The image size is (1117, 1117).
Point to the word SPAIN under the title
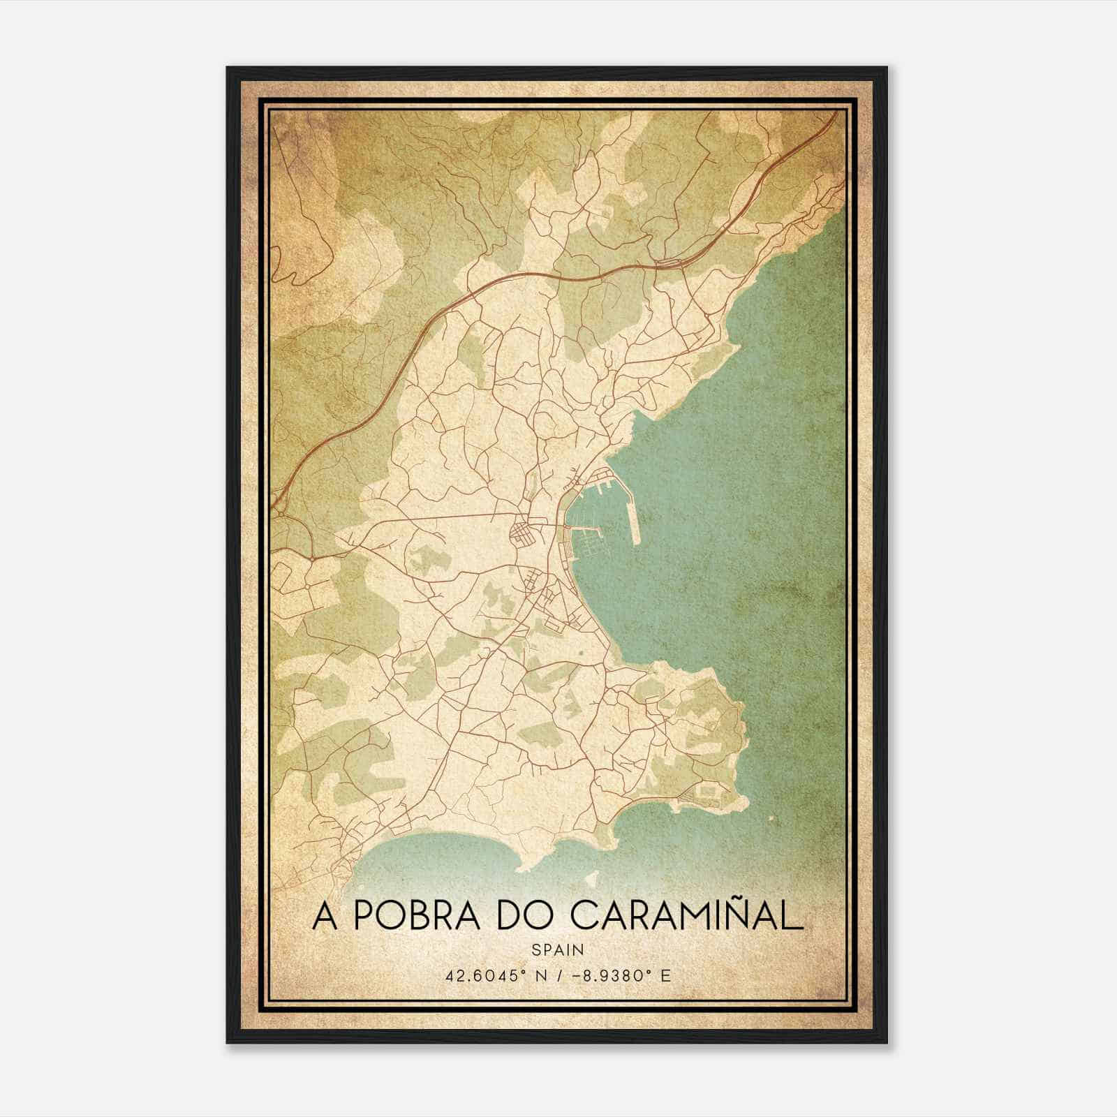click(x=558, y=949)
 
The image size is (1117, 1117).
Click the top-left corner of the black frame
click(x=228, y=68)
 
